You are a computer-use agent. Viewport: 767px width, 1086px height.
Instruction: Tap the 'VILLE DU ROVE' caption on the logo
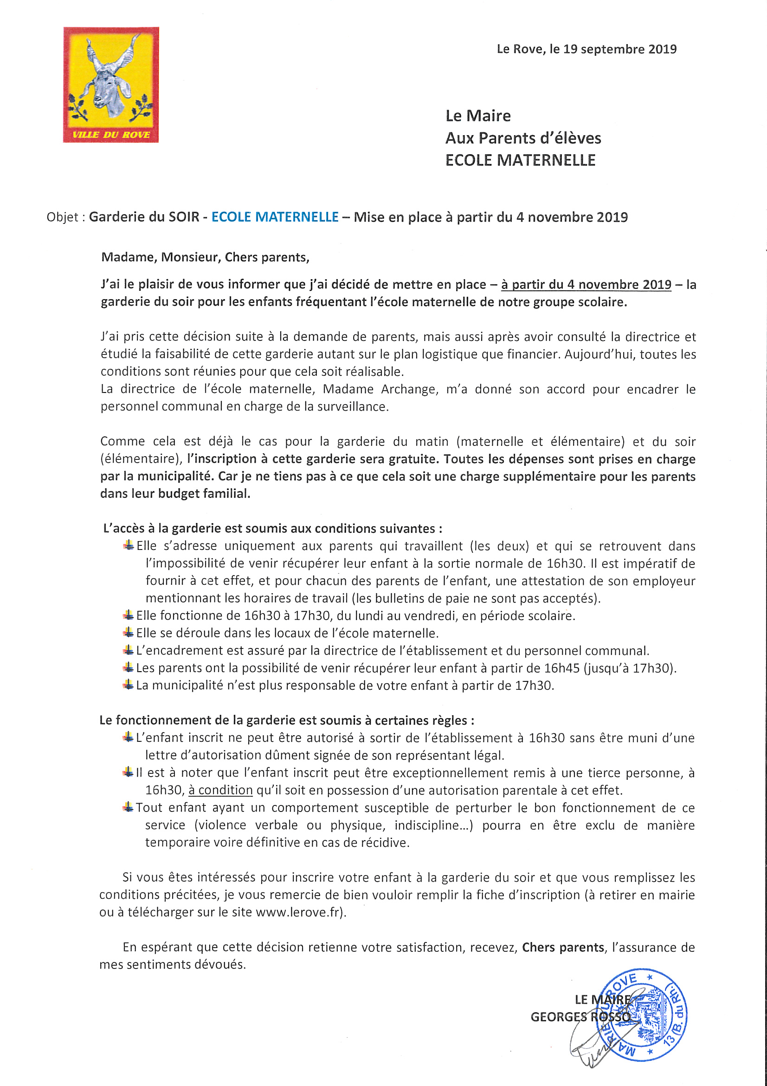111,135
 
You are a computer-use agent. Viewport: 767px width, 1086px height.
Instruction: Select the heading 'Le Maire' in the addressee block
478,116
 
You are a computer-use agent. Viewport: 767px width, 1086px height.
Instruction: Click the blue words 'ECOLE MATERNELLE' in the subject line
275,217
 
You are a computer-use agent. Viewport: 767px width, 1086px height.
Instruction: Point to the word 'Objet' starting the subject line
62,217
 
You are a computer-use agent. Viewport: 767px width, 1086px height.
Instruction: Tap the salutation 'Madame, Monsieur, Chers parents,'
205,257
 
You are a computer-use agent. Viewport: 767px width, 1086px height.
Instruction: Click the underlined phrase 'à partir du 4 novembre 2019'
586,285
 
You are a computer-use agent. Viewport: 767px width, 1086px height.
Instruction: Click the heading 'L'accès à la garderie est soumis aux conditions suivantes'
273,528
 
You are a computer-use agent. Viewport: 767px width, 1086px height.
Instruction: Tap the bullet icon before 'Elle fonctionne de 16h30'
128,615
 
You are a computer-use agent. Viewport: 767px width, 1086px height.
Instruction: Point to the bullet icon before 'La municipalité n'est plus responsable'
128,684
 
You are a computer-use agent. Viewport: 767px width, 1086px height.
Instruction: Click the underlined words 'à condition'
220,791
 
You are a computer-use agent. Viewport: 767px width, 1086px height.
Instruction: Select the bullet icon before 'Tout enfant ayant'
128,807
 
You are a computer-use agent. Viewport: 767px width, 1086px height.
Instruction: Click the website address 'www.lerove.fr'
298,912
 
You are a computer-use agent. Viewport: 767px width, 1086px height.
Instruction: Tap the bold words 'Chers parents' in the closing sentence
563,948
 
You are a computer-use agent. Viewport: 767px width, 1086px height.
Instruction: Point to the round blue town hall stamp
641,1014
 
